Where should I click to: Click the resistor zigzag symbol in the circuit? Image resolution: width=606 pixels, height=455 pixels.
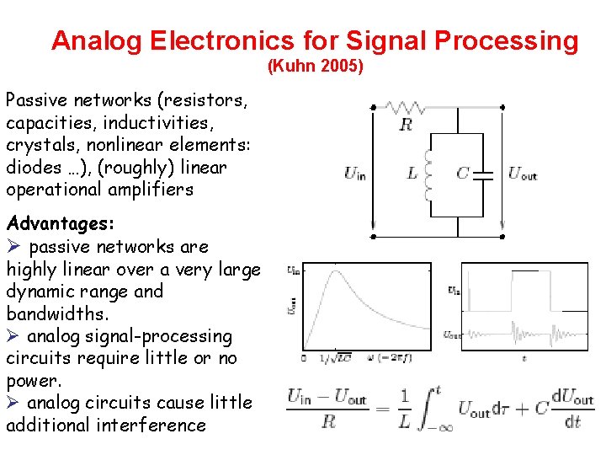(x=406, y=108)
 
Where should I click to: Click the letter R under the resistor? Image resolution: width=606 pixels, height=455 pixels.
(x=406, y=126)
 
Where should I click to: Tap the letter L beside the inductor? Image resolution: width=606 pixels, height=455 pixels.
(x=412, y=174)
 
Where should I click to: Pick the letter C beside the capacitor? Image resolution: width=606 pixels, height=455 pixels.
(x=462, y=174)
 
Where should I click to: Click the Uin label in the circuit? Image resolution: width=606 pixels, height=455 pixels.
(x=354, y=174)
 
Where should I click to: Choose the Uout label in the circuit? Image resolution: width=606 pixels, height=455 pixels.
(x=523, y=174)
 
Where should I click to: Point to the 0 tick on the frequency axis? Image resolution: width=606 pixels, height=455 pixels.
(x=303, y=358)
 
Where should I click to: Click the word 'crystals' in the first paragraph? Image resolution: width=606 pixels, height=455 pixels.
(x=35, y=145)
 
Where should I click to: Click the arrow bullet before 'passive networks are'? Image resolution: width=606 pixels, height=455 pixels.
(x=13, y=247)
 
